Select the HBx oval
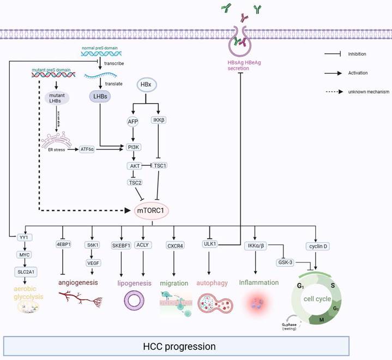146,86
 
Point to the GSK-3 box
286,262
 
